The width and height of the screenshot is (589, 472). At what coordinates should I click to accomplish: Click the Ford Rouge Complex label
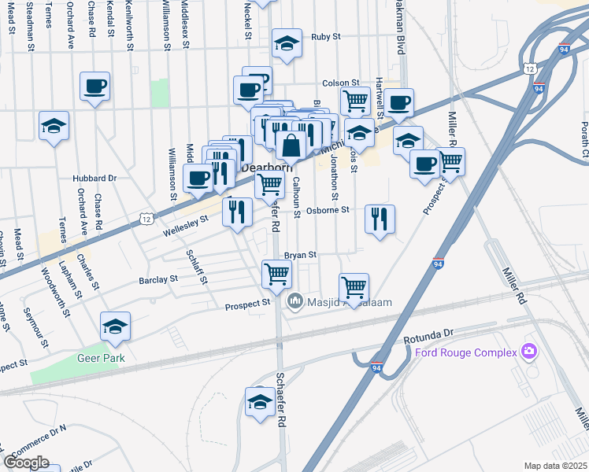tap(465, 351)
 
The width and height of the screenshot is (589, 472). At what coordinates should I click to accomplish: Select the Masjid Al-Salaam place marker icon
tap(295, 300)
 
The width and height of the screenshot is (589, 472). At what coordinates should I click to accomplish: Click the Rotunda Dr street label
tap(430, 337)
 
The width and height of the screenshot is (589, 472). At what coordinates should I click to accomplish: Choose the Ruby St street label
tap(325, 36)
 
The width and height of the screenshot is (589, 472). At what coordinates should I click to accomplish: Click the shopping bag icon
tap(291, 146)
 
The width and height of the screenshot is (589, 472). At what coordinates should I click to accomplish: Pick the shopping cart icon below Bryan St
tap(276, 274)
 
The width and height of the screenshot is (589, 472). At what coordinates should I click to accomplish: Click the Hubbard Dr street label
tap(94, 179)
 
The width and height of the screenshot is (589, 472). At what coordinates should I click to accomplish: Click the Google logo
tap(26, 463)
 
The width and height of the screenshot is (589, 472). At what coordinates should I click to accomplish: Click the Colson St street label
tap(340, 83)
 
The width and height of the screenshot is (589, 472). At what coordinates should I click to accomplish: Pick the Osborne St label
tap(328, 210)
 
